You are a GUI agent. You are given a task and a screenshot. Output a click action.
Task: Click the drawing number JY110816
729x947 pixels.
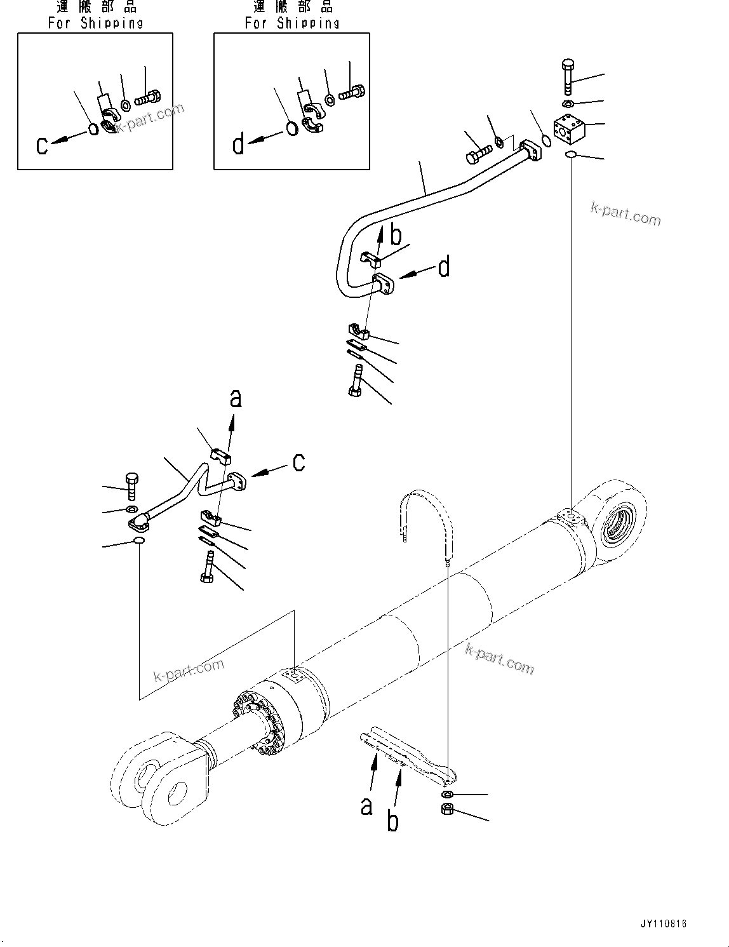pos(664,924)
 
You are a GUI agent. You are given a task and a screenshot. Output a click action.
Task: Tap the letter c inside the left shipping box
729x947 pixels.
pos(42,145)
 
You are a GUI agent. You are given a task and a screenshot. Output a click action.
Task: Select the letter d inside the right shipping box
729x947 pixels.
pos(239,145)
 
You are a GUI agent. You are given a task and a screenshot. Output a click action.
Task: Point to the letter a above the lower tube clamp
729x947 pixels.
pos(236,398)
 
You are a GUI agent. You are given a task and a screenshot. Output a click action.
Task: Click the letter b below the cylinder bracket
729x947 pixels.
pos(393,821)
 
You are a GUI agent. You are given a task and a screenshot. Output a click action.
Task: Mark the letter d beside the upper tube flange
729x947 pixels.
pos(444,267)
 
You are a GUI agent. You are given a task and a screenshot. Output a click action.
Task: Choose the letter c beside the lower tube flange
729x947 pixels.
pos(298,462)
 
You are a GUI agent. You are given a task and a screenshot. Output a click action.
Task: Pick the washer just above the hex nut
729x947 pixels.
pos(446,795)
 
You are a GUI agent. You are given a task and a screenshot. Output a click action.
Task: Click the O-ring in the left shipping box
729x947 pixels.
pos(93,129)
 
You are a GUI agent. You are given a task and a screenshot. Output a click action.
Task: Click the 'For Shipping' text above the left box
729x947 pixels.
pos(95,23)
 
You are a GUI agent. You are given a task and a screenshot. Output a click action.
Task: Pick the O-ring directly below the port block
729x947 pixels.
pos(570,154)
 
